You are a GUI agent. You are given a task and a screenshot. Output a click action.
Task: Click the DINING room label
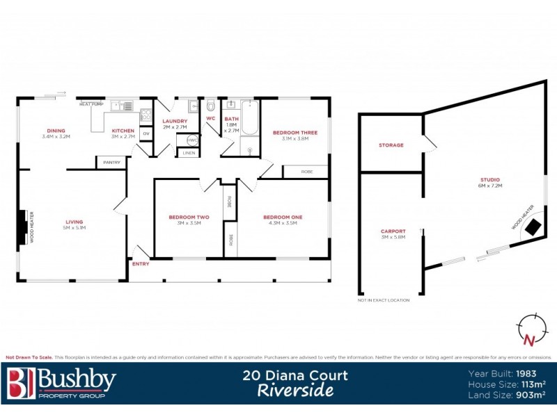pyautogui.click(x=56, y=131)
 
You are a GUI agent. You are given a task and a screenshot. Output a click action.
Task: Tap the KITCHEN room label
pyautogui.click(x=123, y=131)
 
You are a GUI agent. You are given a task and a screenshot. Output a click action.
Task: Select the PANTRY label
pyautogui.click(x=111, y=163)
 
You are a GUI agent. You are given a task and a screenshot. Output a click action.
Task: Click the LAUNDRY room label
pyautogui.click(x=175, y=121)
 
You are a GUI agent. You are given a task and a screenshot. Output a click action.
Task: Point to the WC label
pyautogui.click(x=210, y=119)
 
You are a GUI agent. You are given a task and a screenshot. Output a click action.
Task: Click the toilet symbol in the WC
pyautogui.click(x=211, y=106)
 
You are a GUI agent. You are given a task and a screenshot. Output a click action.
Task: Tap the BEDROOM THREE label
pyautogui.click(x=295, y=132)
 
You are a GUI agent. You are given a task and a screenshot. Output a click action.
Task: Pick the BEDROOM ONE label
pyautogui.click(x=283, y=217)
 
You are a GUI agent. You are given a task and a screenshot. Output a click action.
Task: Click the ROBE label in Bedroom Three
pyautogui.click(x=307, y=171)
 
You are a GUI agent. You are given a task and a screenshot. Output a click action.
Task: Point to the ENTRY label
pyautogui.click(x=141, y=264)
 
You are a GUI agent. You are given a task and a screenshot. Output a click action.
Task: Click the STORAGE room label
pyautogui.click(x=391, y=145)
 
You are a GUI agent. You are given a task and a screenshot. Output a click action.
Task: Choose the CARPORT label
pyautogui.click(x=393, y=231)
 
